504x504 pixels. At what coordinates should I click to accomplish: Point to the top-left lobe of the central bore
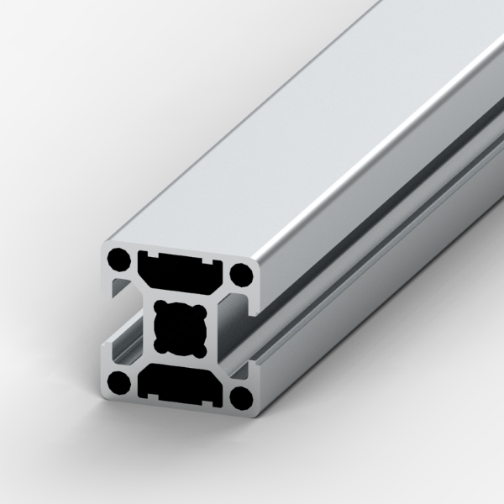[x=163, y=309]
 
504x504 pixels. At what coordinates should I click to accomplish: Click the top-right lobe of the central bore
[x=199, y=312]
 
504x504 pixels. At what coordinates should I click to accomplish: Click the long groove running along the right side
[x=361, y=252]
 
